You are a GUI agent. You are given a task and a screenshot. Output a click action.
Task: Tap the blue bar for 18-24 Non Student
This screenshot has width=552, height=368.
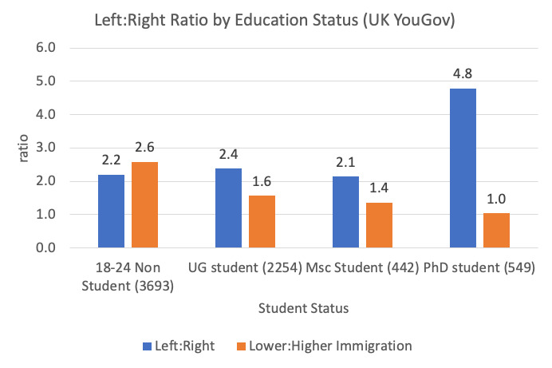pos(111,211)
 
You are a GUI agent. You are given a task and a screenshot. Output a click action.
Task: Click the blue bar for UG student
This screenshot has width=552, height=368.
pos(228,208)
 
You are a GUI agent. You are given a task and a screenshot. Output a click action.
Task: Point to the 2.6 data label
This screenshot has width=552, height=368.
pos(144,148)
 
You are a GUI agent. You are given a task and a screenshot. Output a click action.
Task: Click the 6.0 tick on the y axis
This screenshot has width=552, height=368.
pos(48,48)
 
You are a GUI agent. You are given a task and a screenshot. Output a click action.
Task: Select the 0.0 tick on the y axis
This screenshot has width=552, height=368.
pos(48,248)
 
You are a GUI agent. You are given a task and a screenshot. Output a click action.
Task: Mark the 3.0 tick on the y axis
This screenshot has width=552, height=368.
pos(48,148)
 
